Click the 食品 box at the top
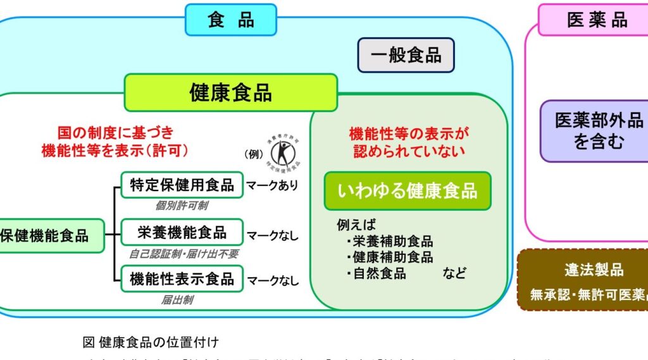point(230,20)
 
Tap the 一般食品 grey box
point(406,55)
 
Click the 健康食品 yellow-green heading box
point(230,92)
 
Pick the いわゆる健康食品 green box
point(407,190)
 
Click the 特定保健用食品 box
point(182,185)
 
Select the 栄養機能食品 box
point(182,232)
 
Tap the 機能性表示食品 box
point(182,278)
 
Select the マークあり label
point(272,186)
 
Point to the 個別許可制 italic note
point(182,206)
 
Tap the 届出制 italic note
point(177,300)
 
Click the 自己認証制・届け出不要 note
point(184,253)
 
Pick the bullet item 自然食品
point(379,273)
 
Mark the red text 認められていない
point(407,151)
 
